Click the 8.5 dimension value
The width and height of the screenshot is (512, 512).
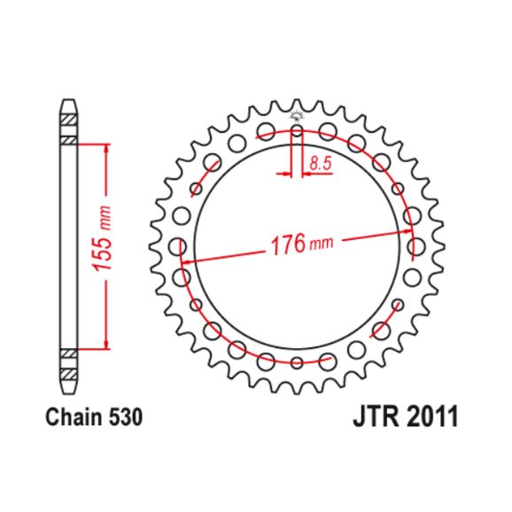coord(321,162)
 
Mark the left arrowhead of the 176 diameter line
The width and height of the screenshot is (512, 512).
coord(189,261)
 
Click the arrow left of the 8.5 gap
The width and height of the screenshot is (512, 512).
coord(285,175)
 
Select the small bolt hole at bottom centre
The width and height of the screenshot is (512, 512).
coord(297,361)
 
